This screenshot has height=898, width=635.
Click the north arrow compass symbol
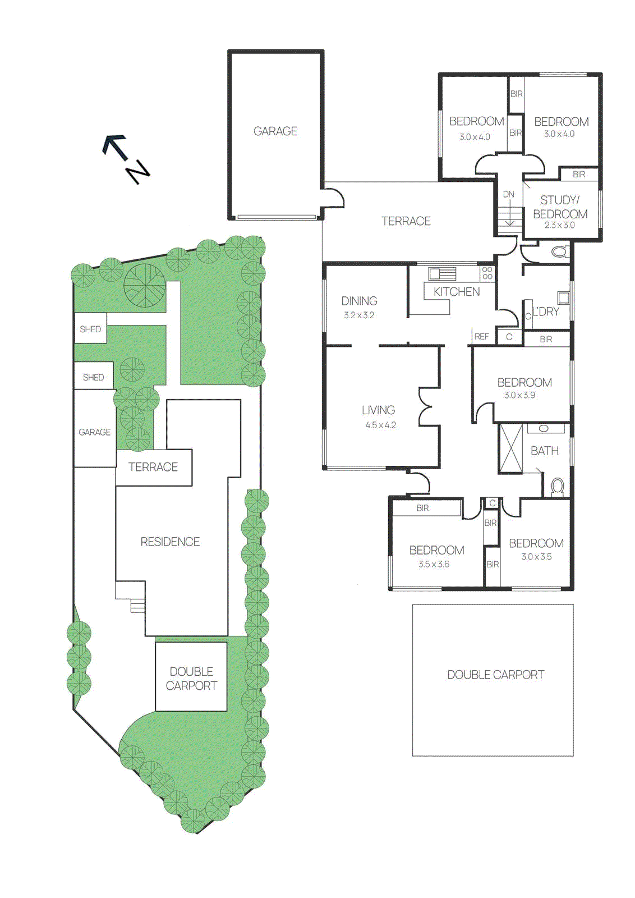126,159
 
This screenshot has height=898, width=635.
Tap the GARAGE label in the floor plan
275,131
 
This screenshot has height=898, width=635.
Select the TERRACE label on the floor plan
406,221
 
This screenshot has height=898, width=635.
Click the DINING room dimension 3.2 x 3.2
359,315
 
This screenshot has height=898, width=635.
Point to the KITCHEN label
457,292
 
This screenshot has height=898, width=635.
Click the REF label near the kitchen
481,337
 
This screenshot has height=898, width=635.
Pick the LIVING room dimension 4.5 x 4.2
380,425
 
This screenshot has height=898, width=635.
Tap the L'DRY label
545,311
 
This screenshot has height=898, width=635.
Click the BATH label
544,451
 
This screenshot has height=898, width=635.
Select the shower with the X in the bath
510,449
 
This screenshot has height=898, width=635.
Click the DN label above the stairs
508,194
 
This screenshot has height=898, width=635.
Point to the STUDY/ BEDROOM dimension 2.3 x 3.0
559,225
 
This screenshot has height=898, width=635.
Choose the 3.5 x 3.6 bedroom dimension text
434,565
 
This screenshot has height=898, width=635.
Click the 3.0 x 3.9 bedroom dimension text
519,395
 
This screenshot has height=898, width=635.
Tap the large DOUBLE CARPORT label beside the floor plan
495,675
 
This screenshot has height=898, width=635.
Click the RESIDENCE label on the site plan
170,542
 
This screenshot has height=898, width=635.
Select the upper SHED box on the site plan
90,329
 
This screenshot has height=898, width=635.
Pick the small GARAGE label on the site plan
94,432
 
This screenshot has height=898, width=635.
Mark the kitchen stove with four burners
487,273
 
